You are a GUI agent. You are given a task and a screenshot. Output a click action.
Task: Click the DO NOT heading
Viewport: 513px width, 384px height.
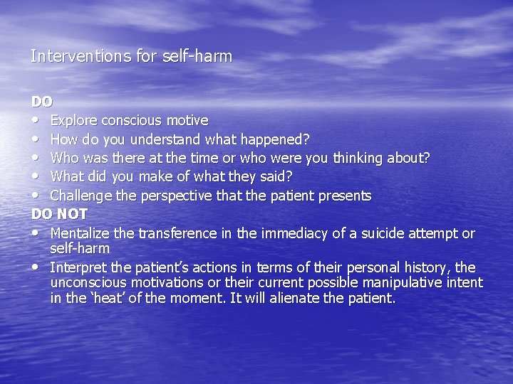[59, 214]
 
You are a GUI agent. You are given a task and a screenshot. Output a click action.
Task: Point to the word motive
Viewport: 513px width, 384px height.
[187, 120]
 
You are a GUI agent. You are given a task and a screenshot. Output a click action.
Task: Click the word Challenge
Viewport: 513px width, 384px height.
[81, 195]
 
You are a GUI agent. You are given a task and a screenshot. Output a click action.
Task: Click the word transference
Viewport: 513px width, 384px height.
[177, 233]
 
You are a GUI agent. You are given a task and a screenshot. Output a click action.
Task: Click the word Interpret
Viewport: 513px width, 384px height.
[78, 267]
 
